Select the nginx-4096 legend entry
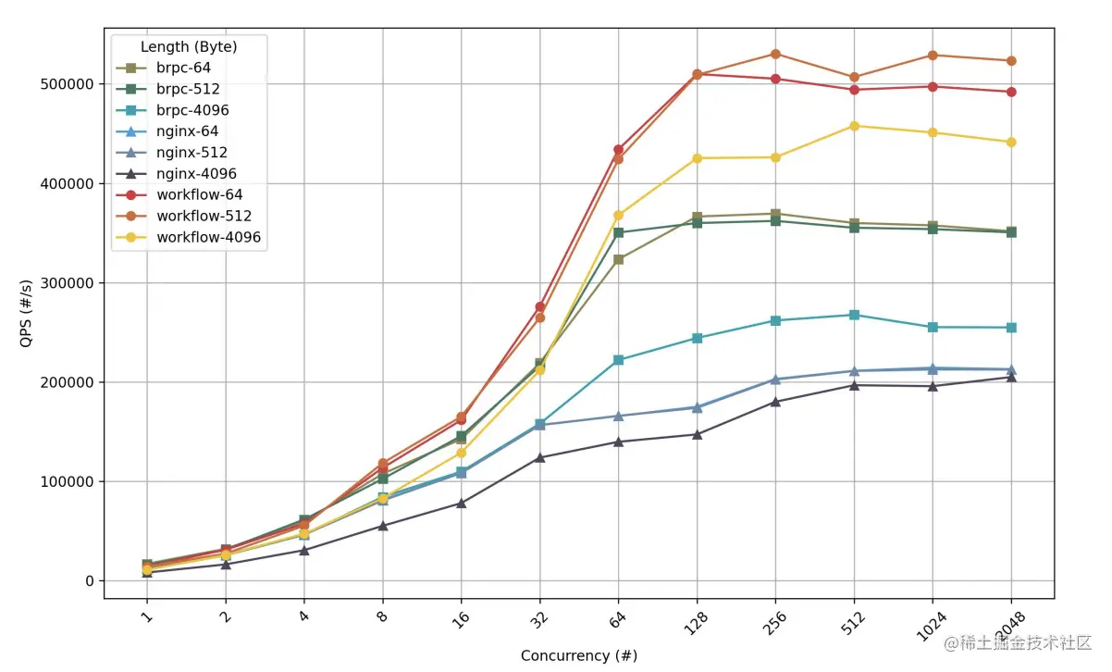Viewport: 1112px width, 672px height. click(196, 174)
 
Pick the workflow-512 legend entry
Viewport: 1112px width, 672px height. click(204, 217)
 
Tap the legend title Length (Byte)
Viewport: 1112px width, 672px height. click(189, 46)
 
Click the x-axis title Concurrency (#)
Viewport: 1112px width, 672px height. click(578, 655)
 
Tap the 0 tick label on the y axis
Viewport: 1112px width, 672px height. click(90, 581)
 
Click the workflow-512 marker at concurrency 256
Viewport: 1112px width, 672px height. click(775, 54)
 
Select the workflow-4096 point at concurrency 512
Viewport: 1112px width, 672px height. click(854, 126)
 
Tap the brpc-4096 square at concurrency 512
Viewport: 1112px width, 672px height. click(854, 315)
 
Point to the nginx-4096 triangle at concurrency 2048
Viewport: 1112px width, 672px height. click(1011, 377)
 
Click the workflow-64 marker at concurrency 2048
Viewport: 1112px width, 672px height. click(1011, 92)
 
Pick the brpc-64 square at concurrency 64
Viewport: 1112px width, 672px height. click(618, 259)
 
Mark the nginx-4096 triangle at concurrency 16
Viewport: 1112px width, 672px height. click(461, 503)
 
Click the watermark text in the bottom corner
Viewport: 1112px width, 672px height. click(1013, 641)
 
